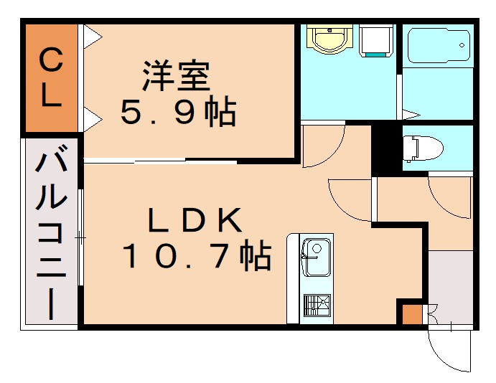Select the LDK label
tap(195, 221)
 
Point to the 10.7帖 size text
tap(196, 256)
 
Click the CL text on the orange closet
tap(50, 79)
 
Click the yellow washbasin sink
tap(329, 39)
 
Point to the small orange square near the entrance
tap(411, 315)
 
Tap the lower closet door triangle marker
tap(91, 119)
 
